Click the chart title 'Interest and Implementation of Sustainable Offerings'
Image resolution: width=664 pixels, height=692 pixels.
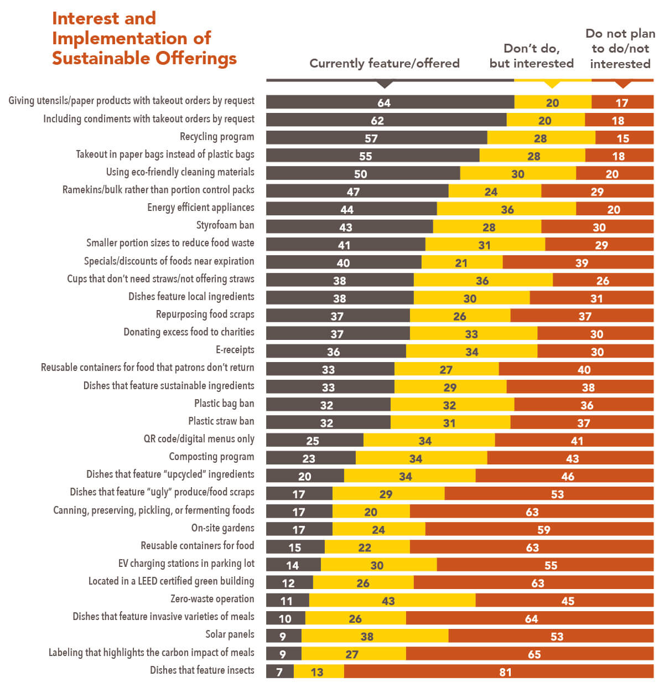[x=144, y=38]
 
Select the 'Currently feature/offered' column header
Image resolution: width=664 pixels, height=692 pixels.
[x=384, y=63]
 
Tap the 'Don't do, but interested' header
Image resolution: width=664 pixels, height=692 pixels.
[x=531, y=56]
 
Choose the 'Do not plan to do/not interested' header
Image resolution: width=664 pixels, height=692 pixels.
[x=620, y=49]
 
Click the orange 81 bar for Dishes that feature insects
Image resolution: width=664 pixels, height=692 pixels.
[x=499, y=672]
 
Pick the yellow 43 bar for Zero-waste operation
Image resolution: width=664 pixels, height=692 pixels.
[x=392, y=601]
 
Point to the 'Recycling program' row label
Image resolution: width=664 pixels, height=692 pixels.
[x=217, y=137]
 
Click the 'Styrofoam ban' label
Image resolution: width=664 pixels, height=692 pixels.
[x=225, y=225]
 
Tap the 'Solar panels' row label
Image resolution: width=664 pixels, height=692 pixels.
[x=230, y=634]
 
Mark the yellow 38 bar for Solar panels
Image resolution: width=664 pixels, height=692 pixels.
[x=375, y=636]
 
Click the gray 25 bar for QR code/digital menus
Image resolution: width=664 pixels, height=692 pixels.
[x=314, y=441]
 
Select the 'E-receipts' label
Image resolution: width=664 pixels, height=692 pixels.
[x=235, y=350]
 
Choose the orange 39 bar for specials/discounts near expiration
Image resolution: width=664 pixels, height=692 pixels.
[x=578, y=262]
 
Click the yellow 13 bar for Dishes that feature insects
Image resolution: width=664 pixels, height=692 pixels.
[x=319, y=672]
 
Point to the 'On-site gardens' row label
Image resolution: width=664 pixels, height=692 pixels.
[x=222, y=528]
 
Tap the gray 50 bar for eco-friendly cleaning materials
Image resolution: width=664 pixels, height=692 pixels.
[x=362, y=173]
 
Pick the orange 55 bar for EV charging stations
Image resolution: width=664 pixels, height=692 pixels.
[x=545, y=565]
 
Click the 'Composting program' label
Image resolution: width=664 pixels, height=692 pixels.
[x=211, y=457]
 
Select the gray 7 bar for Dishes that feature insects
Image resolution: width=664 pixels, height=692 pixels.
[x=279, y=672]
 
